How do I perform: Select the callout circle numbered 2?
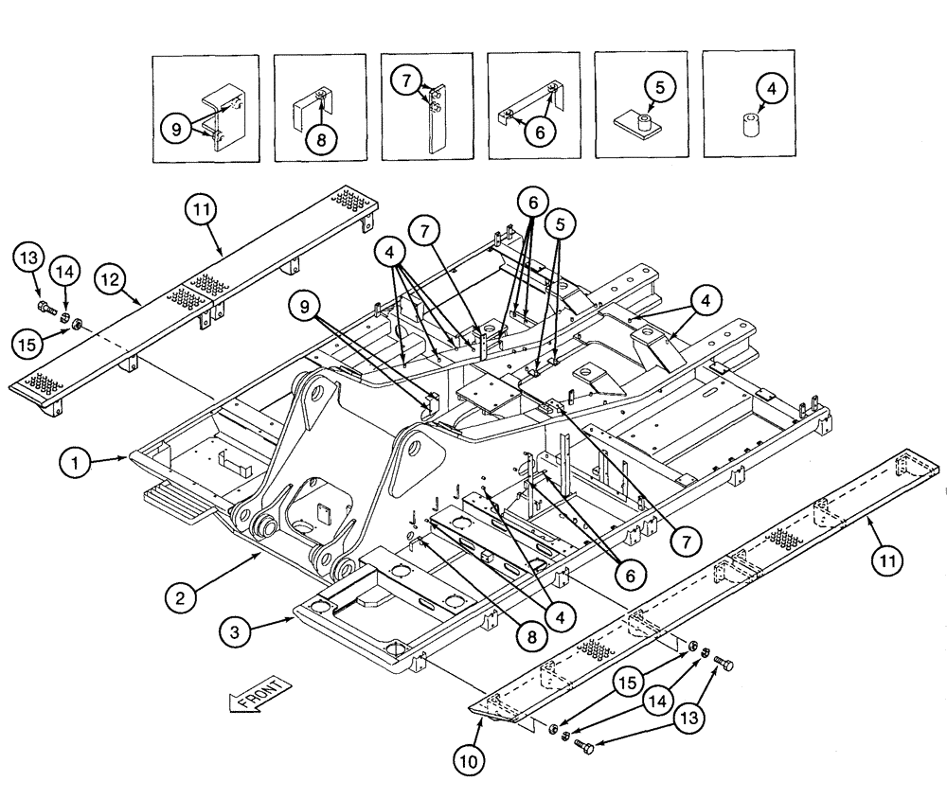[180, 598]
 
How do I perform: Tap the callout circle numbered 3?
[236, 630]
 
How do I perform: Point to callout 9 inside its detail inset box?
[176, 127]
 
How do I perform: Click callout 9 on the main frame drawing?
[306, 308]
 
